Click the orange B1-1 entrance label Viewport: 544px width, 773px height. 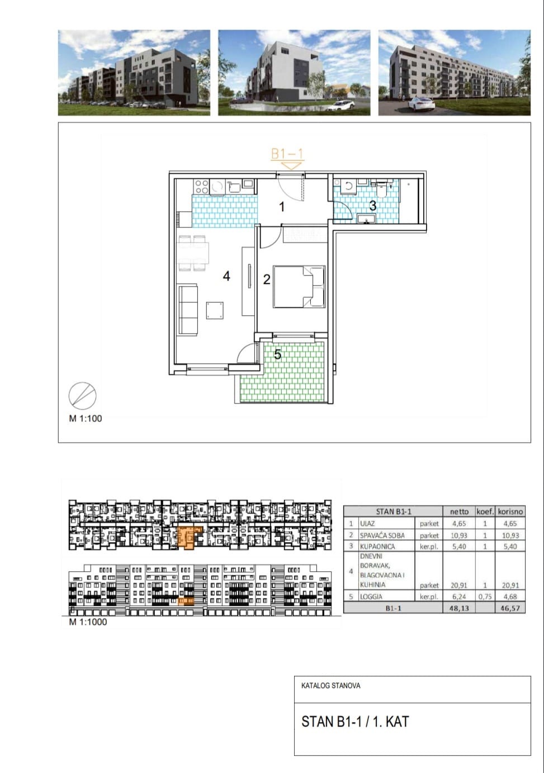coord(287,154)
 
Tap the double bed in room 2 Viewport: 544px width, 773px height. coord(299,286)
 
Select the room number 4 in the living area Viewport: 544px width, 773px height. coord(226,276)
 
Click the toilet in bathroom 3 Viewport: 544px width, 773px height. coord(383,188)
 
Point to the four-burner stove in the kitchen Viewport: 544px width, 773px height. coord(201,187)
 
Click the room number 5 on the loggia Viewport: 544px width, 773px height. coord(278,354)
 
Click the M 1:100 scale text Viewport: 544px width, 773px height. coord(86,419)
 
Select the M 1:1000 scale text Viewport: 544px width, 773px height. coord(88,622)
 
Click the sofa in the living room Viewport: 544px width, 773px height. coord(188,309)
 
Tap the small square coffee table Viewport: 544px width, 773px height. coord(215,311)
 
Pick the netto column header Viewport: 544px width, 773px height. coord(459,511)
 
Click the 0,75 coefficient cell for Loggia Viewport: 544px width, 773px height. coord(485,596)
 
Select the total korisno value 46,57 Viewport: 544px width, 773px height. coord(510,608)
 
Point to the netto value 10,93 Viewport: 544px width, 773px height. coord(459,535)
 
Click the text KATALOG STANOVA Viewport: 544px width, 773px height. coord(330,686)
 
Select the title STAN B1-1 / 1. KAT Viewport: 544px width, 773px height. coord(355,722)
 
